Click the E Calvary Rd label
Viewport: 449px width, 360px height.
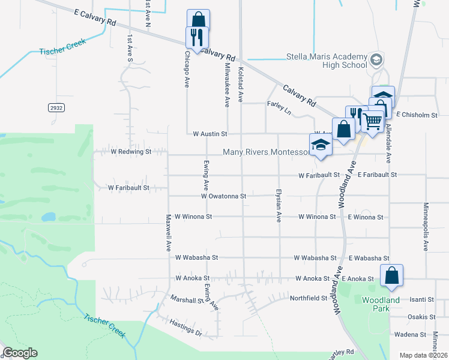[x=95, y=17]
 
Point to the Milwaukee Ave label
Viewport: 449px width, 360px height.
[x=227, y=85]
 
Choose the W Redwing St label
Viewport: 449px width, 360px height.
[x=129, y=152]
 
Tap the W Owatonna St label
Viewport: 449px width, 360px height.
[x=223, y=196]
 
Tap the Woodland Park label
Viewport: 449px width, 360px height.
[x=381, y=304]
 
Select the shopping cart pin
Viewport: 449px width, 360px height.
[x=373, y=122]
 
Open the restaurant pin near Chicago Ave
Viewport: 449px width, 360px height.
[x=196, y=38]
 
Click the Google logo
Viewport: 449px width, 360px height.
[x=20, y=353]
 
